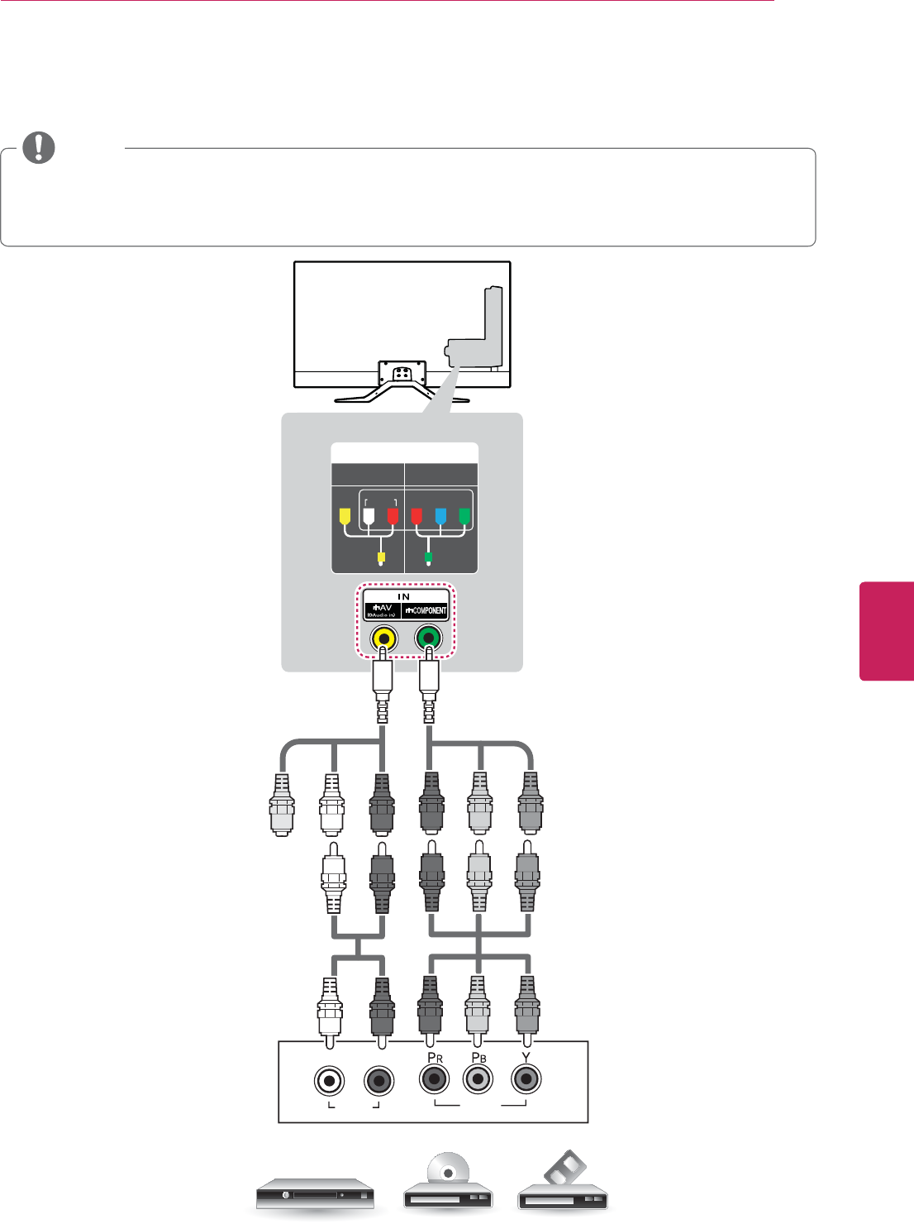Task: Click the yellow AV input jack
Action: [x=383, y=638]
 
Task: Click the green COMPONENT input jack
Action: [x=428, y=638]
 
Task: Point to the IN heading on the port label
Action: [x=403, y=596]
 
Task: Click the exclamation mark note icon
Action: [x=38, y=147]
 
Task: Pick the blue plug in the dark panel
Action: [x=440, y=516]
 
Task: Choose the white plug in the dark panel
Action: [x=369, y=516]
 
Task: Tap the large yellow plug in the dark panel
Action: [x=345, y=516]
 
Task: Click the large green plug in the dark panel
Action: [x=464, y=516]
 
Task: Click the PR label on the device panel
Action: [x=435, y=1058]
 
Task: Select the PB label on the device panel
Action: [x=478, y=1058]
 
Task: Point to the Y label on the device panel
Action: [x=526, y=1057]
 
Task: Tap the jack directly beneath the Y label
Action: [x=526, y=1079]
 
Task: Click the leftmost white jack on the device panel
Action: [x=330, y=1080]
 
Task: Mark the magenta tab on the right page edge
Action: [x=887, y=631]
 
